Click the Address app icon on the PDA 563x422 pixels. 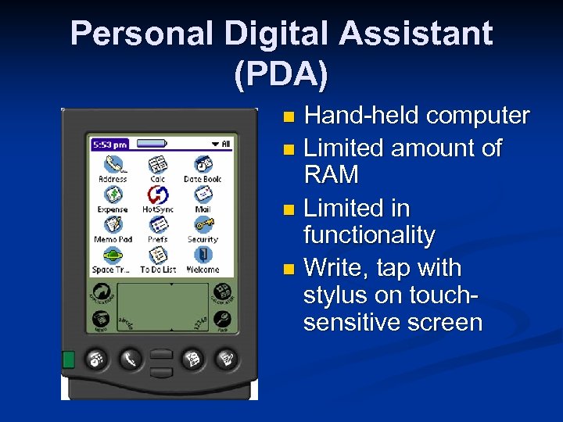(x=113, y=164)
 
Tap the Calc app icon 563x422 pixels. (x=158, y=164)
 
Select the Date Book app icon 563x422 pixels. (x=203, y=164)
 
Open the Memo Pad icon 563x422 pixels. (x=113, y=225)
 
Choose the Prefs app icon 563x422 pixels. (x=158, y=225)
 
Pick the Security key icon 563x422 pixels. (x=203, y=225)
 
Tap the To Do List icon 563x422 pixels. (x=158, y=256)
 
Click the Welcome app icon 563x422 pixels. (x=203, y=256)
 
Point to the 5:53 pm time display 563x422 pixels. (x=110, y=144)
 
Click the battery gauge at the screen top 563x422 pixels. (x=152, y=144)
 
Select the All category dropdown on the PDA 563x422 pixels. (x=221, y=144)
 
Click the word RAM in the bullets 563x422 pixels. (x=331, y=175)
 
